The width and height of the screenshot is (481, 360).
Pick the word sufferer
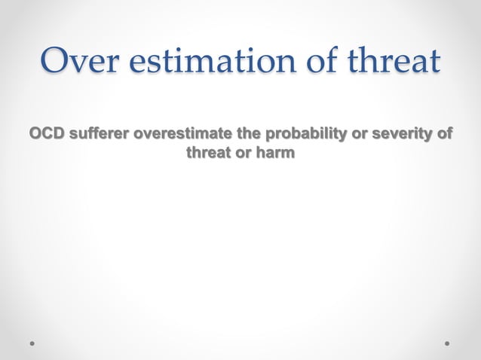click(x=100, y=135)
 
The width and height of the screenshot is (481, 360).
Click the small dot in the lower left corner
click(x=33, y=342)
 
